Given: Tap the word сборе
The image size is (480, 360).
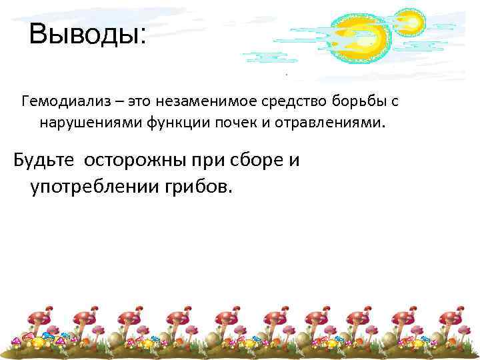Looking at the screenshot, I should tap(257, 161).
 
